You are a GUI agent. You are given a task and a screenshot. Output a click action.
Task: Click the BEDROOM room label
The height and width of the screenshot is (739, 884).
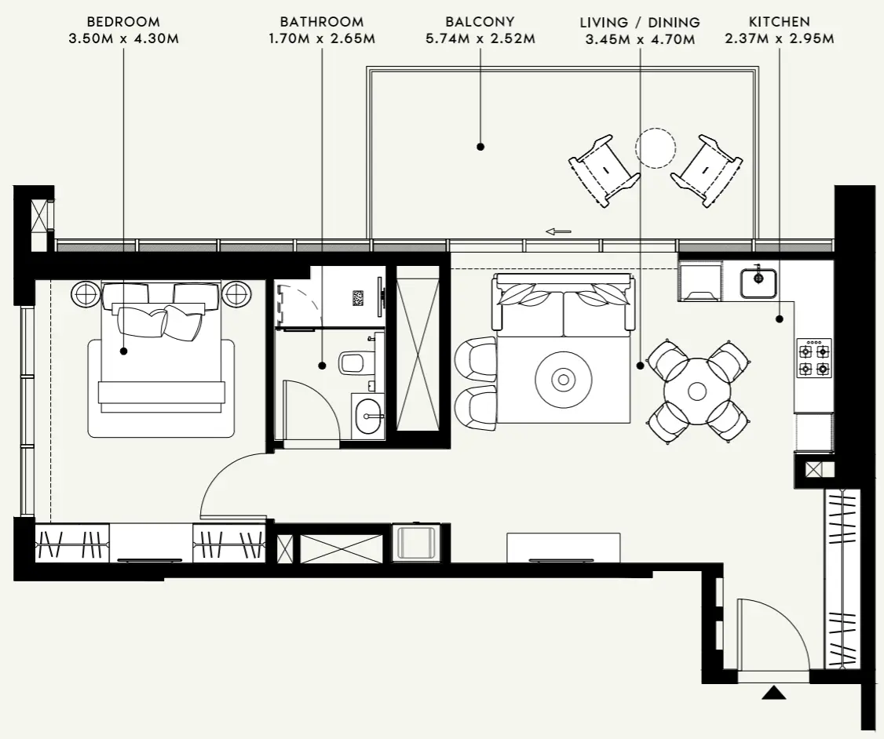(x=122, y=22)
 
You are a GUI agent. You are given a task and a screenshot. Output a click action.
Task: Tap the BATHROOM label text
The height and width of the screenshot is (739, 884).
(x=322, y=22)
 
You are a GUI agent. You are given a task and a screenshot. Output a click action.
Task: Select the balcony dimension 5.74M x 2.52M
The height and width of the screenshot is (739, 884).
(x=480, y=38)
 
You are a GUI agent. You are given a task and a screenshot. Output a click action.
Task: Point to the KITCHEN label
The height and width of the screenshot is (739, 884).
(x=780, y=22)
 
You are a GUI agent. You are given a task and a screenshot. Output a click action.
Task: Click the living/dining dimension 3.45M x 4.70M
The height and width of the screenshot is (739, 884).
(x=639, y=38)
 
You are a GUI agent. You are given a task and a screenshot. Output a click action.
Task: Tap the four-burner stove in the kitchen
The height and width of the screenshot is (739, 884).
(x=813, y=358)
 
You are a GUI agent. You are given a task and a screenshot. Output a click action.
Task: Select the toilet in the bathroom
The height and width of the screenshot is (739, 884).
(x=353, y=363)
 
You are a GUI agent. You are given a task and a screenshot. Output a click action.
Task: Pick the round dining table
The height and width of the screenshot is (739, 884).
(x=697, y=391)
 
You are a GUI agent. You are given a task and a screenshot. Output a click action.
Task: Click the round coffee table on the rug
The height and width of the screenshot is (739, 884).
(x=563, y=380)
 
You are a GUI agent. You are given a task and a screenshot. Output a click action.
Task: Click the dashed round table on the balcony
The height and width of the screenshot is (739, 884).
(x=655, y=148)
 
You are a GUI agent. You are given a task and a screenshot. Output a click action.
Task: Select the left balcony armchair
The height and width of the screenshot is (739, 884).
(x=604, y=170)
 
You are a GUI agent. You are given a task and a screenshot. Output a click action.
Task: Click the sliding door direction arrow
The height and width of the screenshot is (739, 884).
(x=558, y=231)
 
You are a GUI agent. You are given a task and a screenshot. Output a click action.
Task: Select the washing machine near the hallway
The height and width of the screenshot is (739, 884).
(x=416, y=543)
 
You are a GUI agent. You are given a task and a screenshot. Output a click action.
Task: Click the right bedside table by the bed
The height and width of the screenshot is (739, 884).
(x=237, y=294)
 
